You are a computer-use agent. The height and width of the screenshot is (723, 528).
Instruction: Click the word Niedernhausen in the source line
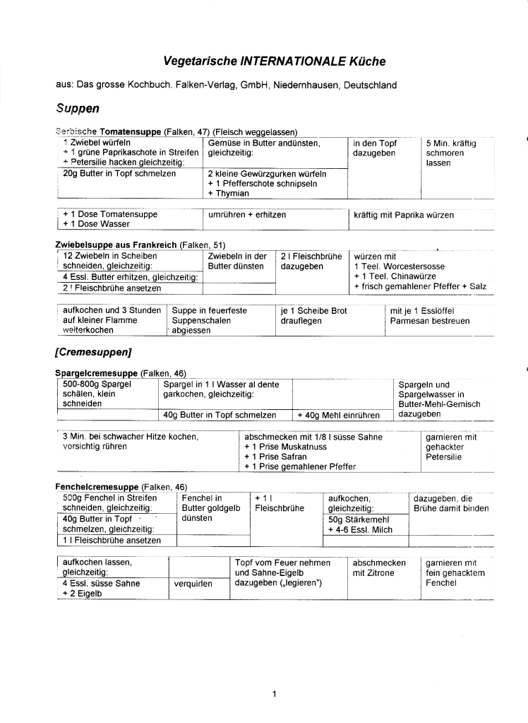(301, 86)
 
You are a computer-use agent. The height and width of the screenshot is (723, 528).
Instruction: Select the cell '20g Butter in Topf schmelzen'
(119, 173)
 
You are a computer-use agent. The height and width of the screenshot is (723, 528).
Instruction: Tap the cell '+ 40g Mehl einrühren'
(338, 415)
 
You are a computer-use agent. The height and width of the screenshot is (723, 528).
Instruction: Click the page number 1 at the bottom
(274, 694)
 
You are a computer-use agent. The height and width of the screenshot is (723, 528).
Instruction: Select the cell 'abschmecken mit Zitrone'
(379, 568)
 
